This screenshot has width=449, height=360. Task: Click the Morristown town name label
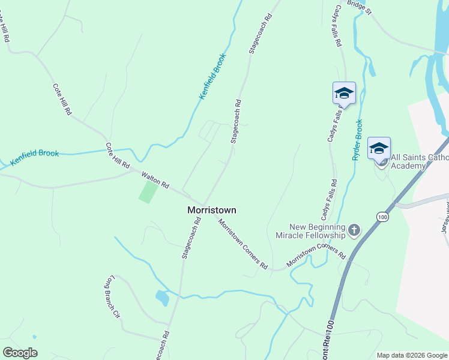(212, 211)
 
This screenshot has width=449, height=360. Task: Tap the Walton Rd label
(155, 179)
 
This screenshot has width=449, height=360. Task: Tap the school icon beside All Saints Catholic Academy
(379, 148)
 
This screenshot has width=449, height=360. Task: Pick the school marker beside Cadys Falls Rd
(344, 93)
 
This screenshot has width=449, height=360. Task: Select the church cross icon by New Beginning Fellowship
(354, 229)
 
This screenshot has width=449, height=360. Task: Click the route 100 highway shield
(382, 216)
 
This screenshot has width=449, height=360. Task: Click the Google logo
(20, 353)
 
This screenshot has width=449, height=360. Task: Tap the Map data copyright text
(412, 355)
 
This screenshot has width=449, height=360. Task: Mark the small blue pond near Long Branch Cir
(161, 298)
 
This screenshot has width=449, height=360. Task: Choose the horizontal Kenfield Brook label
(34, 157)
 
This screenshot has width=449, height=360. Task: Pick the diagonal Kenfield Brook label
(213, 76)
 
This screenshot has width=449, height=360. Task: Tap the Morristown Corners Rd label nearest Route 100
(316, 256)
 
